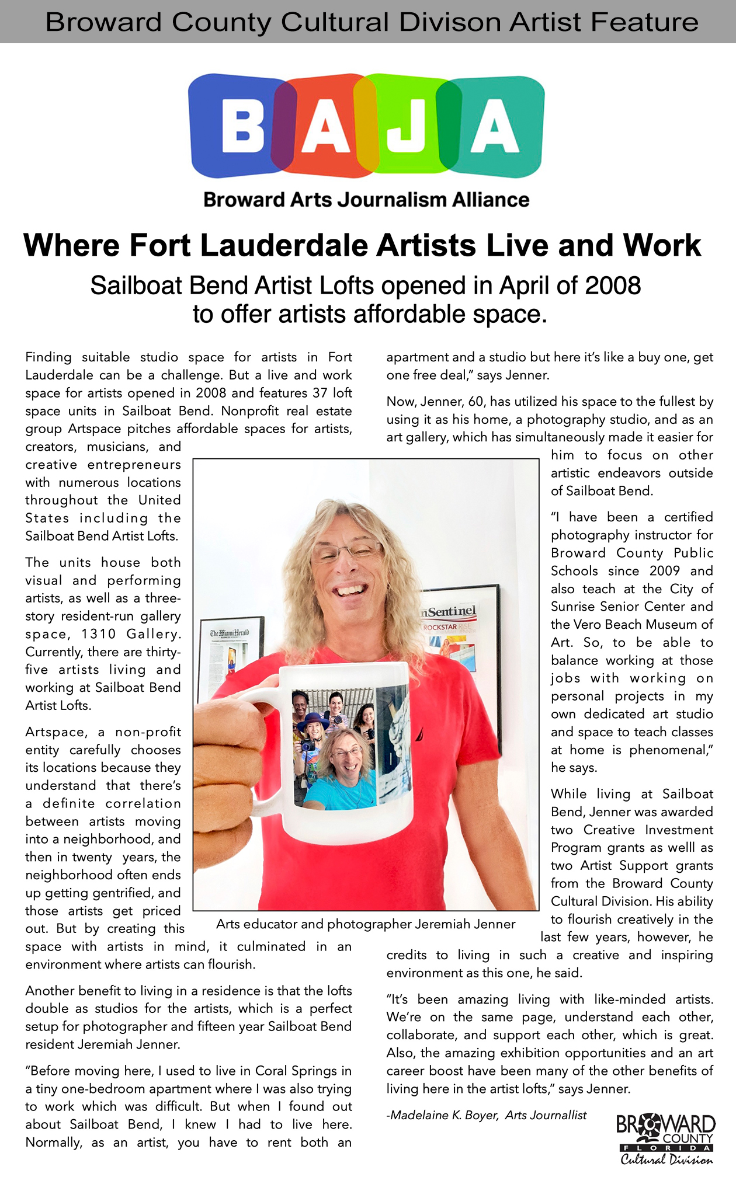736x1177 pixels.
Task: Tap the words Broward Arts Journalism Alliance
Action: pos(366,200)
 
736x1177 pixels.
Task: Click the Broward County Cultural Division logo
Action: pos(666,1139)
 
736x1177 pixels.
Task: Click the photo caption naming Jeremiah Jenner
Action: pos(366,924)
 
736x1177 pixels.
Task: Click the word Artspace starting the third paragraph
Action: pos(56,732)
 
